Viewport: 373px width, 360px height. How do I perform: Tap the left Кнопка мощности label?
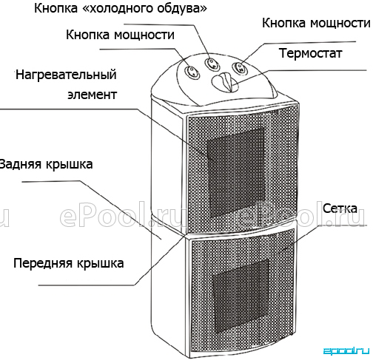(x=120, y=35)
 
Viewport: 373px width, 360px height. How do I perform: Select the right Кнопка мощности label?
(x=316, y=24)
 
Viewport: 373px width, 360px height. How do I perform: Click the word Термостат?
(x=310, y=53)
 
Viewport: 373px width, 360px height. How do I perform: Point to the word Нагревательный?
(x=66, y=75)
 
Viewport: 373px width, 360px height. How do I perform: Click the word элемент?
(x=92, y=95)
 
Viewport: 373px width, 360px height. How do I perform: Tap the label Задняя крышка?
(x=46, y=164)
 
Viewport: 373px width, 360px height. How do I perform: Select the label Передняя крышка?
(x=69, y=263)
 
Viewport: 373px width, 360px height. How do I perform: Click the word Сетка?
(x=340, y=208)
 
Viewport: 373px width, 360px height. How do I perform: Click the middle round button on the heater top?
(x=212, y=64)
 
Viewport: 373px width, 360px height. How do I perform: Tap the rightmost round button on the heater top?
(x=240, y=68)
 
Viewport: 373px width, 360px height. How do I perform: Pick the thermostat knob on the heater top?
(x=225, y=82)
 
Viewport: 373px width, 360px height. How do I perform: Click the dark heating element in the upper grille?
(x=235, y=172)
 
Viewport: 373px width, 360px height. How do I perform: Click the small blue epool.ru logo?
(x=346, y=351)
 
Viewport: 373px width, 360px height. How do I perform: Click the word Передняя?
(x=43, y=263)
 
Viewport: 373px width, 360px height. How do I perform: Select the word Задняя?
(x=21, y=164)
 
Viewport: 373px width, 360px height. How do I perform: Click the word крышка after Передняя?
(x=100, y=263)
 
